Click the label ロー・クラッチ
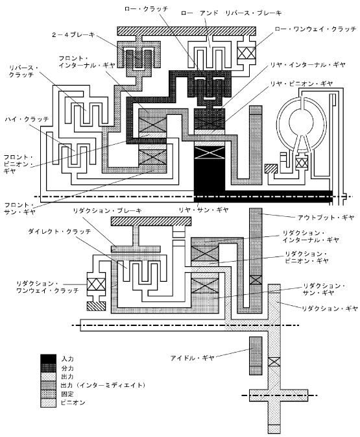tap(146, 9)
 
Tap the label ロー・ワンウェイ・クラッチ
tap(315, 29)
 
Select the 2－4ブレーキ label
tap(73, 35)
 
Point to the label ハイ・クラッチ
tap(27, 119)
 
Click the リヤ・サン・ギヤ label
tap(204, 210)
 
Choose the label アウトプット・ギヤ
tap(326, 217)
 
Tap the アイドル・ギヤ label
tap(193, 358)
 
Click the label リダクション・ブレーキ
tap(108, 210)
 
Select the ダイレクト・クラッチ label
tap(60, 232)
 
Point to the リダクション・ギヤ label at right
tap(330, 308)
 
